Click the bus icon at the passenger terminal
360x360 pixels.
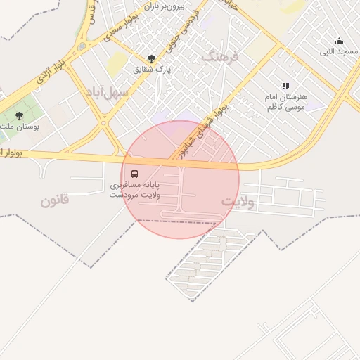134,173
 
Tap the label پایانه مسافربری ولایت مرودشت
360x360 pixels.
134,190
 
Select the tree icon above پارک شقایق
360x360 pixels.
151,58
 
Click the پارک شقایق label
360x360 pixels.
152,70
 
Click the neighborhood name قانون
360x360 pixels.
55,200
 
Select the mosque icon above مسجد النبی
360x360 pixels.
340,41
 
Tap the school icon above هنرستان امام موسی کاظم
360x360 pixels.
285,85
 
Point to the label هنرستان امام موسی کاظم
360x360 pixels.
285,101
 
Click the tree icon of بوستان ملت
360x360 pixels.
19,115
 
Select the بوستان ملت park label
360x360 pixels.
17,127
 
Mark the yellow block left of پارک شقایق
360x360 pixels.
117,65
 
